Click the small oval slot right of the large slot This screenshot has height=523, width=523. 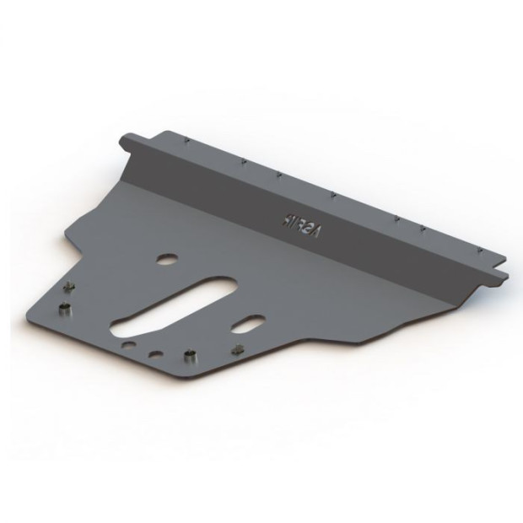[251, 325]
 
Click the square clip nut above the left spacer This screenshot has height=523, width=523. [70, 285]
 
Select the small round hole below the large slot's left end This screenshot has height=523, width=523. [127, 346]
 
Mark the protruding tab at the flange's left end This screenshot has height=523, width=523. [127, 140]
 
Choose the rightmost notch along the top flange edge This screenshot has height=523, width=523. [480, 250]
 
